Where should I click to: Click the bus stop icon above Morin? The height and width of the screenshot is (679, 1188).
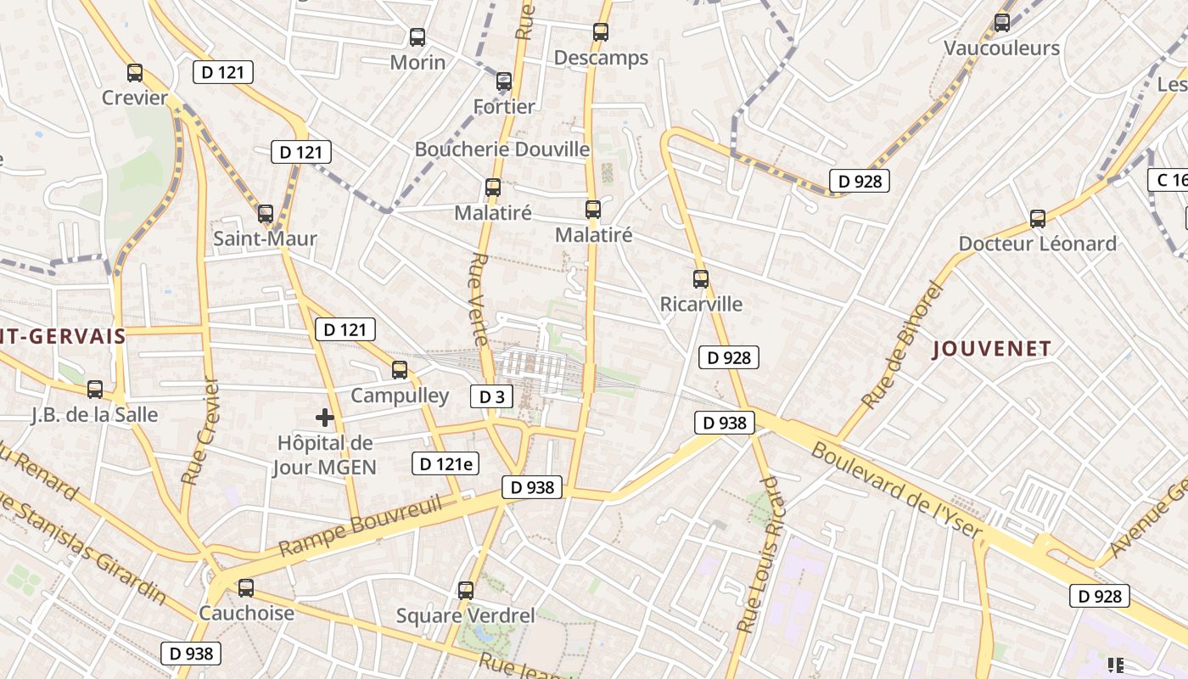417,37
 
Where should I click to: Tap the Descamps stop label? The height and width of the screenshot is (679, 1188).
601,58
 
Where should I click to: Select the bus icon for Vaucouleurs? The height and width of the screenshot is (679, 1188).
1002,23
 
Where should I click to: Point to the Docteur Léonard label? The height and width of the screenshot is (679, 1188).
1037,244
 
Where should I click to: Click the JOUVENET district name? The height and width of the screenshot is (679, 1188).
992,348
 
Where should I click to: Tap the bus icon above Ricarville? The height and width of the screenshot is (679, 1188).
701,278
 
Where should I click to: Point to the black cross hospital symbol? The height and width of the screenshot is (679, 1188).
324,417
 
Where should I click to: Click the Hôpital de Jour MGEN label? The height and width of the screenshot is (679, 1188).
324,455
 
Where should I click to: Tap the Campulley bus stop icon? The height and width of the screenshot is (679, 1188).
400,370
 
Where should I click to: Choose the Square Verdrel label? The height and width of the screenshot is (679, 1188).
466,615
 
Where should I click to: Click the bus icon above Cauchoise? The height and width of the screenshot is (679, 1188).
246,587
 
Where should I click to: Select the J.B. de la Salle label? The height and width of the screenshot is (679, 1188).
94,415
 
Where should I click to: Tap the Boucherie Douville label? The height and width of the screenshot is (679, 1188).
502,149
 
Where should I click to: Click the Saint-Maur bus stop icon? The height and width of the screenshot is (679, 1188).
266,214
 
